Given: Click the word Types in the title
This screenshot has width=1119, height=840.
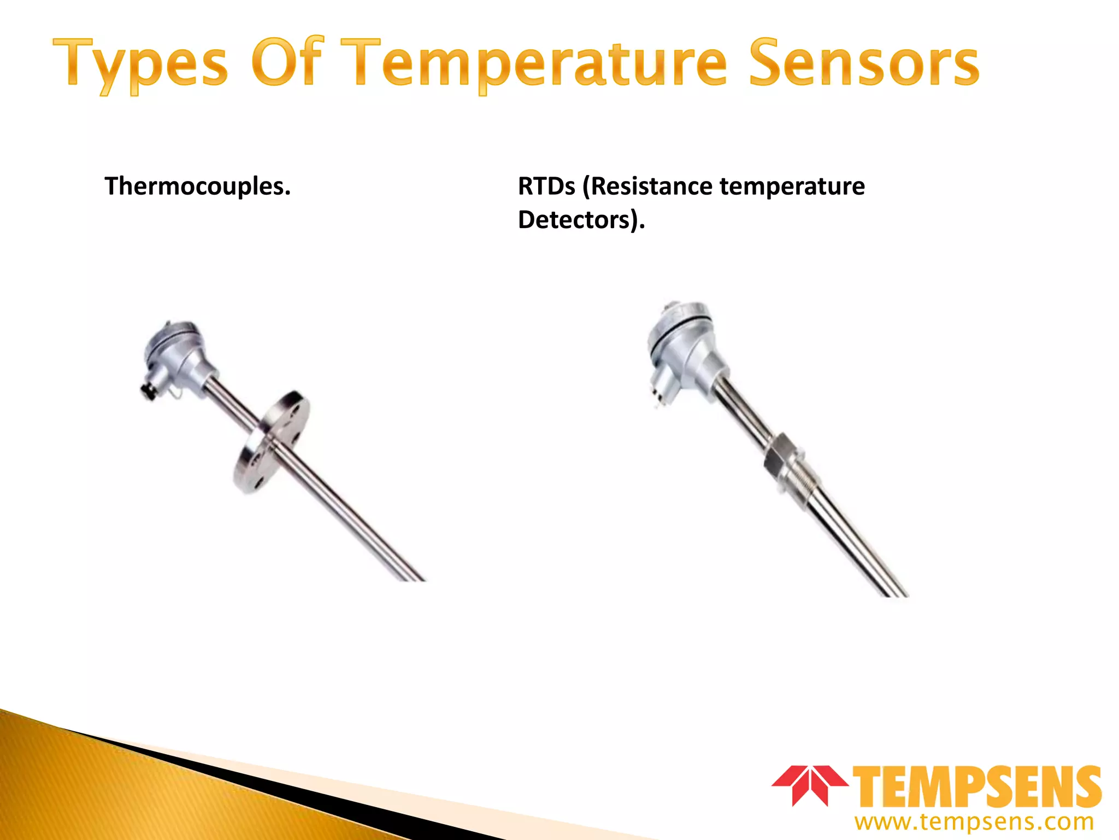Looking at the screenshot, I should click(140, 65).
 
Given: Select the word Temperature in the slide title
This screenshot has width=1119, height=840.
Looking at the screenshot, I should click(538, 65).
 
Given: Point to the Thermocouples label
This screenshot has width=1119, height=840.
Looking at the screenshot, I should click(197, 186).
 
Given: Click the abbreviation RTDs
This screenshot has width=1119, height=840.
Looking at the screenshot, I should click(546, 186).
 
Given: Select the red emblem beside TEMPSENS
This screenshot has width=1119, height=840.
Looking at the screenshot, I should click(809, 784).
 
